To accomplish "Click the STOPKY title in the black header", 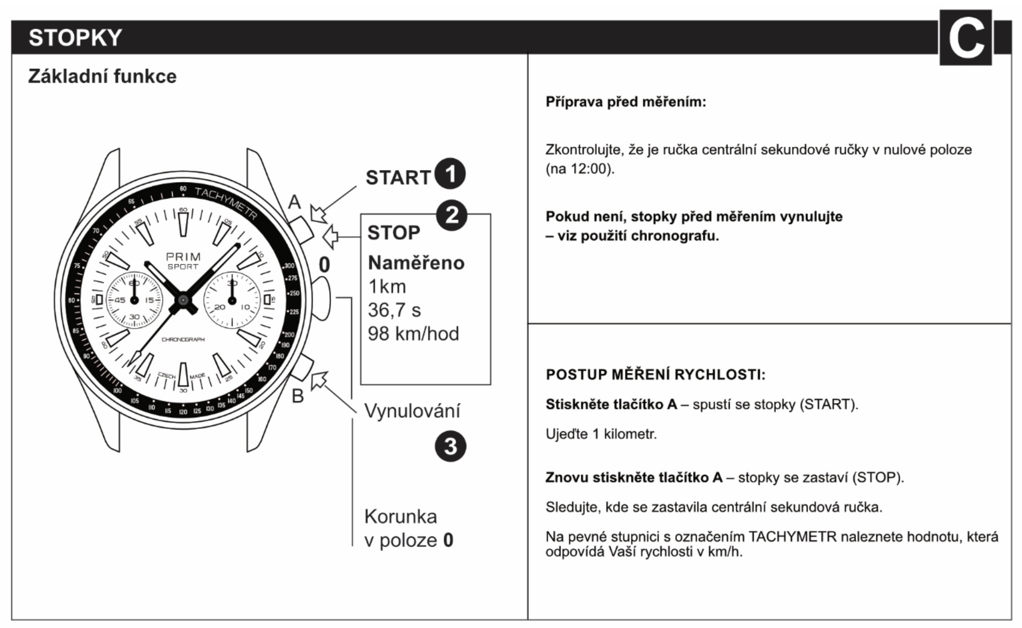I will tap(75, 38).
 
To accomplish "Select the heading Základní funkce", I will tap(102, 76).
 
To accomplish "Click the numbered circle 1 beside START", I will tap(450, 174).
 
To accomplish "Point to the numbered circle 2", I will tap(451, 215).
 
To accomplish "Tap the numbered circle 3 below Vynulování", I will tap(450, 446).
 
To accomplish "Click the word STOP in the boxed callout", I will tap(394, 233).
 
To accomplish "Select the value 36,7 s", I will tap(394, 310).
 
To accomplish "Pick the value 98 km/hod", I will tap(413, 334).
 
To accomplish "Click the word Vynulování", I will tap(412, 411).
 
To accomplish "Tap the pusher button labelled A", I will tap(301, 229).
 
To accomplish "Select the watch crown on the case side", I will tap(321, 298).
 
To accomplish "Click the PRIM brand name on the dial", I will tap(183, 257).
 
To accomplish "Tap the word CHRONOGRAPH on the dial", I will tap(183, 339).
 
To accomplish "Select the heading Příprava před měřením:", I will tap(626, 102).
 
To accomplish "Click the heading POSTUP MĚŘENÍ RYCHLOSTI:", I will tap(656, 374).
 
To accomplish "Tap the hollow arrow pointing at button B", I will tap(319, 381).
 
